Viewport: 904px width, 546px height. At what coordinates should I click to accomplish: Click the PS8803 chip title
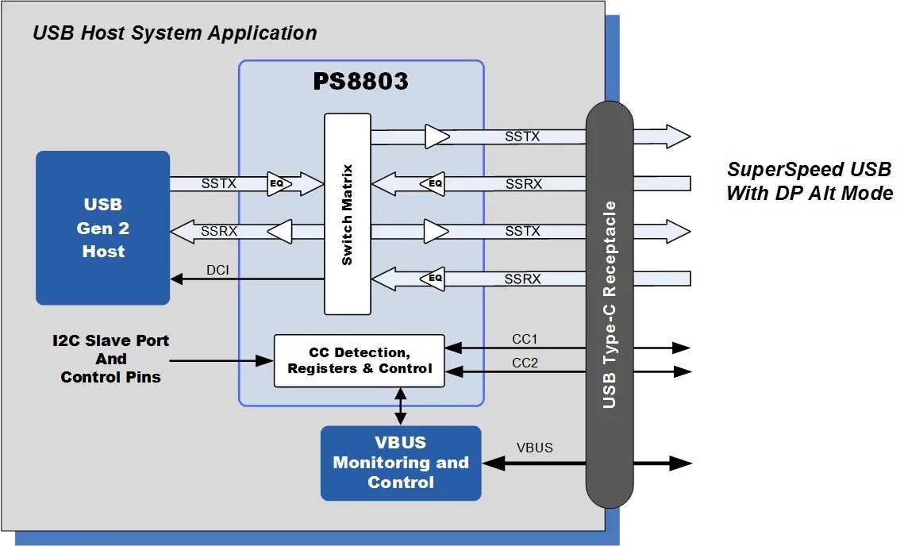pos(360,81)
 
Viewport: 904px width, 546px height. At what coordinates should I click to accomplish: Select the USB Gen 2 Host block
pos(103,228)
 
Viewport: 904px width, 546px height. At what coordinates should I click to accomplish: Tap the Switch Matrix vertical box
pos(348,214)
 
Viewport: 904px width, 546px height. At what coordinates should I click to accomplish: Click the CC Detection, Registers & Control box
pos(360,360)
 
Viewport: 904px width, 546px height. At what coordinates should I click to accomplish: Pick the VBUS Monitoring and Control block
pos(401,463)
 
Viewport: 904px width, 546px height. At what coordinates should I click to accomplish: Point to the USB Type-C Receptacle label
pos(609,305)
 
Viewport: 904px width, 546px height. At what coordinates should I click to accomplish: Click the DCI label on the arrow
pos(217,270)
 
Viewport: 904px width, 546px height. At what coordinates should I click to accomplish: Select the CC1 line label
pos(524,339)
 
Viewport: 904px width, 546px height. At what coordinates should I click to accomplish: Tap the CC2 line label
pos(524,363)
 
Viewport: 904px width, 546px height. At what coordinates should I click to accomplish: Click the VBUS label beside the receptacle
pos(534,448)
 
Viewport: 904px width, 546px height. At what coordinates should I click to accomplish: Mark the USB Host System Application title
pos(175,33)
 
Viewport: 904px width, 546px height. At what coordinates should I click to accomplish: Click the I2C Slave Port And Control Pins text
pos(111,359)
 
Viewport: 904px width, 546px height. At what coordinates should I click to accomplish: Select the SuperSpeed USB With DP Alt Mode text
pos(810,181)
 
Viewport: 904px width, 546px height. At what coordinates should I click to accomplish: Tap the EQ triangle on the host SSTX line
pos(278,184)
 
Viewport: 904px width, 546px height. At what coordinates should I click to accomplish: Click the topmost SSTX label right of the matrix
pos(522,136)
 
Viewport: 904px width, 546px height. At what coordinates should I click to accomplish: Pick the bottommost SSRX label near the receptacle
pos(522,279)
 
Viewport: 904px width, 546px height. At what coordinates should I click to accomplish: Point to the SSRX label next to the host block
pos(219,232)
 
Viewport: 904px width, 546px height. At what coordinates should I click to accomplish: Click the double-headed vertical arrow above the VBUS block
pos(401,406)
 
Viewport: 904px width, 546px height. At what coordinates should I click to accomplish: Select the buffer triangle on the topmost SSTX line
pos(436,136)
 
